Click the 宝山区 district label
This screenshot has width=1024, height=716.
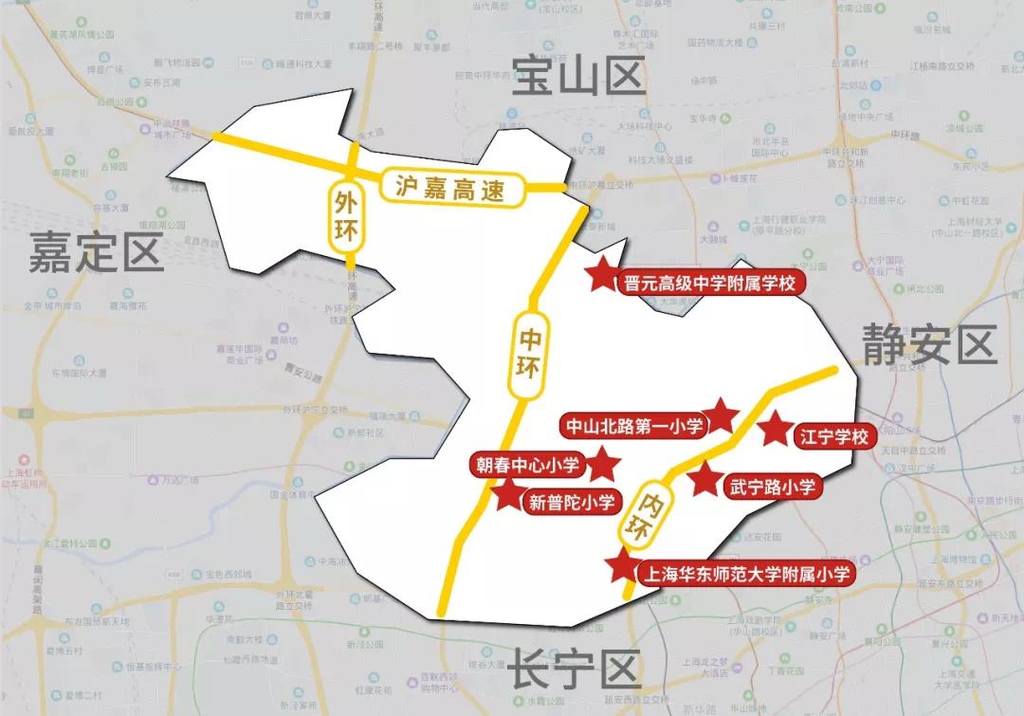tap(577, 75)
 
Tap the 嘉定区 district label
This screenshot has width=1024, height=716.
tap(96, 253)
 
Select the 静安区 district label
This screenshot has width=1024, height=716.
tap(929, 344)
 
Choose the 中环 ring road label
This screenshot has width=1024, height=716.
tap(528, 352)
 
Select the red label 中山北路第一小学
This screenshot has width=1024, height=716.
tap(633, 426)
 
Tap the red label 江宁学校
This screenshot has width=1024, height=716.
tap(832, 437)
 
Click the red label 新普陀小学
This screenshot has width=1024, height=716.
tap(571, 503)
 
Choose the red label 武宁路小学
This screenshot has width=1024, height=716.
tap(772, 487)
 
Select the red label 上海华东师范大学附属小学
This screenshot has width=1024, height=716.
tap(746, 574)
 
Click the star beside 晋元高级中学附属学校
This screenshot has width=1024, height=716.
tap(601, 276)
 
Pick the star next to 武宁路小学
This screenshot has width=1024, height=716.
tap(704, 480)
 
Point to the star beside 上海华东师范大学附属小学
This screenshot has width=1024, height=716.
tap(623, 566)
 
